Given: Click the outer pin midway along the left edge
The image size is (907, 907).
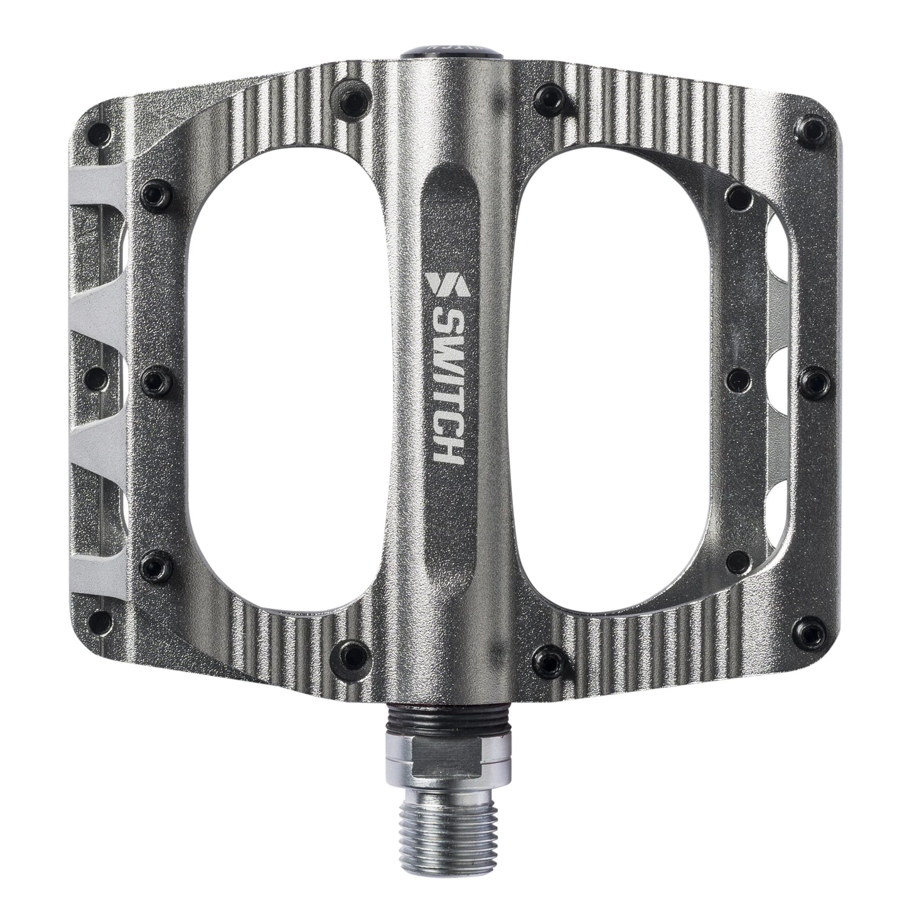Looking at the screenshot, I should pos(97,377).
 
